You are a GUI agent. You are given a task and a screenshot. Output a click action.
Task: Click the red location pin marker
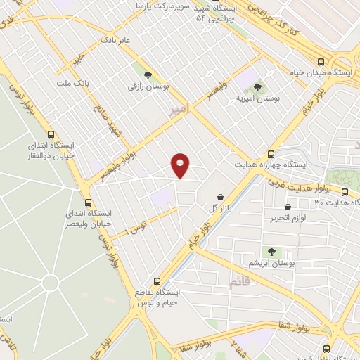[181, 165]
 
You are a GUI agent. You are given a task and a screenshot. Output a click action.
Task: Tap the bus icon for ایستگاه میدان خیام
[321, 61]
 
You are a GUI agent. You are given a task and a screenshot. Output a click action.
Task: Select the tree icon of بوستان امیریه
[258, 87]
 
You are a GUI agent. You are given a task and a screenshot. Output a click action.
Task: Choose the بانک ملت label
[73, 84]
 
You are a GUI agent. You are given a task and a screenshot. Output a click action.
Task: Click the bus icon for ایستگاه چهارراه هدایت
[271, 154]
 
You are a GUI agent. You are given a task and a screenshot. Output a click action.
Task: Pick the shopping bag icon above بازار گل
[221, 197]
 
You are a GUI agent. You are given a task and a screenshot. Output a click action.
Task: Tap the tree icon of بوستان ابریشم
[271, 251]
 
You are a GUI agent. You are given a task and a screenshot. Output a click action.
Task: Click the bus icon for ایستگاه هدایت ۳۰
[345, 192]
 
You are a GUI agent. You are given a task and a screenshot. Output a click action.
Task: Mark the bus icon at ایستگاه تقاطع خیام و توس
[158, 281]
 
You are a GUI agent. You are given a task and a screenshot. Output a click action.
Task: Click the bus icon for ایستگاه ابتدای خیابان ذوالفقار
[51, 134]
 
